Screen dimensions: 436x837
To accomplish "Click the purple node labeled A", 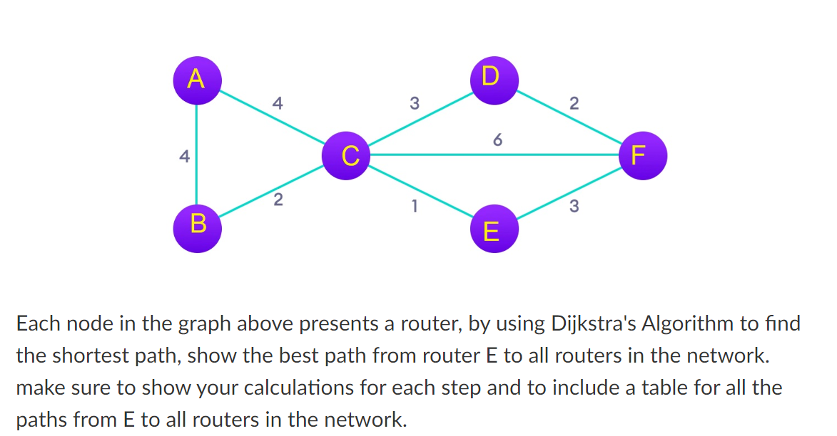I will [x=196, y=78].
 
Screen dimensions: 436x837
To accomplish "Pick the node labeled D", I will [x=491, y=76].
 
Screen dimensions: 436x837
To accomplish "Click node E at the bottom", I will [x=491, y=231].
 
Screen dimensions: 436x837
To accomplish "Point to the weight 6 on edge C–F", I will [x=497, y=140].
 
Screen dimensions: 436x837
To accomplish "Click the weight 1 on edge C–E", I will [x=413, y=207].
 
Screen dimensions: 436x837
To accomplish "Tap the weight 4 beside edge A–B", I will [x=184, y=156].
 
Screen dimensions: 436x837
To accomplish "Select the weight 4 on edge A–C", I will [x=278, y=103].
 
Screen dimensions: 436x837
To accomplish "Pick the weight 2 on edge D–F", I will [x=574, y=104].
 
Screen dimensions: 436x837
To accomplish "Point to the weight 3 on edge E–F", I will [x=574, y=207].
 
